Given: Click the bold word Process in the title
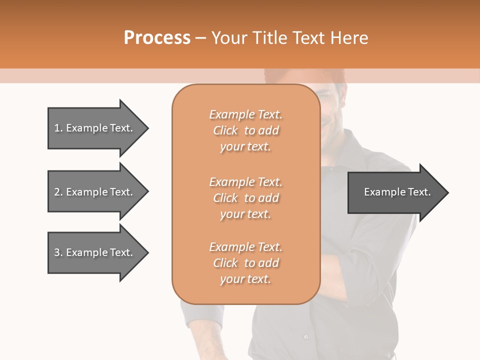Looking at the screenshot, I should pyautogui.click(x=157, y=38).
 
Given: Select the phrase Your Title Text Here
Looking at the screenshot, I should pyautogui.click(x=290, y=38).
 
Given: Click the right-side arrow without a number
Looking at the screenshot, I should pyautogui.click(x=397, y=192).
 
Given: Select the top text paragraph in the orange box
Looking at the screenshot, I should pyautogui.click(x=245, y=130).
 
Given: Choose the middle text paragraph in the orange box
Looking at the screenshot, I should pyautogui.click(x=245, y=198).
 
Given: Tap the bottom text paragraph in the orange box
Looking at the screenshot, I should pyautogui.click(x=245, y=263).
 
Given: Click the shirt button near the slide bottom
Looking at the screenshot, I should pyautogui.click(x=306, y=337).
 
